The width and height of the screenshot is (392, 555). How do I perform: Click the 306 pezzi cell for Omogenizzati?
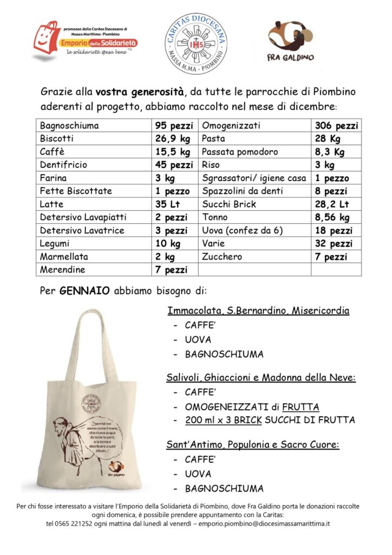click(x=336, y=126)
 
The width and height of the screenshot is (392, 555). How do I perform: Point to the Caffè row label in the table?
click(x=52, y=152)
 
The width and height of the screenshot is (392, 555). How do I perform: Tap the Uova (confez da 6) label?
click(x=243, y=230)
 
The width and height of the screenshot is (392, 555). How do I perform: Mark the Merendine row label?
click(x=62, y=269)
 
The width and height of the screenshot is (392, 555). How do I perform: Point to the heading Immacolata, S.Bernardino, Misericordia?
click(x=258, y=311)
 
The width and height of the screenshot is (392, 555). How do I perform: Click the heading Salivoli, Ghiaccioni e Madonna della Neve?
click(x=261, y=378)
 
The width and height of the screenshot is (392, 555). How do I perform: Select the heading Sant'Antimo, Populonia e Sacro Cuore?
click(x=253, y=445)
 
